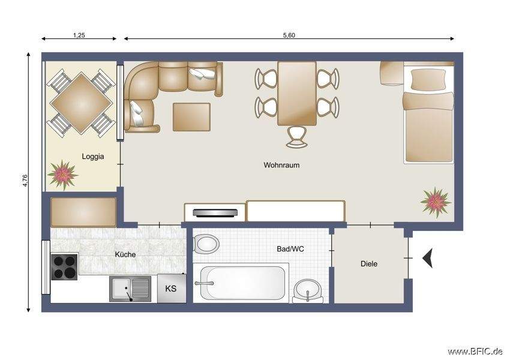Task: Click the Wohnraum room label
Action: [x=281, y=165]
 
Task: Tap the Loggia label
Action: [x=93, y=157]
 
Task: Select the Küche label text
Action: [x=125, y=254]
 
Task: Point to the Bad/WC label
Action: [x=290, y=248]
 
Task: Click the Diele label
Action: [x=369, y=263]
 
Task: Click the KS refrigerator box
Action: [x=171, y=289]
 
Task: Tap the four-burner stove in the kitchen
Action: [x=64, y=267]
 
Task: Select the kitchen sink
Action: [x=130, y=289]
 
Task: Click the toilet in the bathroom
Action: [x=206, y=244]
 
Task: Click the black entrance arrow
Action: [x=427, y=259]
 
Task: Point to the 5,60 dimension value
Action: [x=289, y=35]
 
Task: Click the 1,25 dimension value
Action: [x=79, y=35]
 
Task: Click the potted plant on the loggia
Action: [x=62, y=174]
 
